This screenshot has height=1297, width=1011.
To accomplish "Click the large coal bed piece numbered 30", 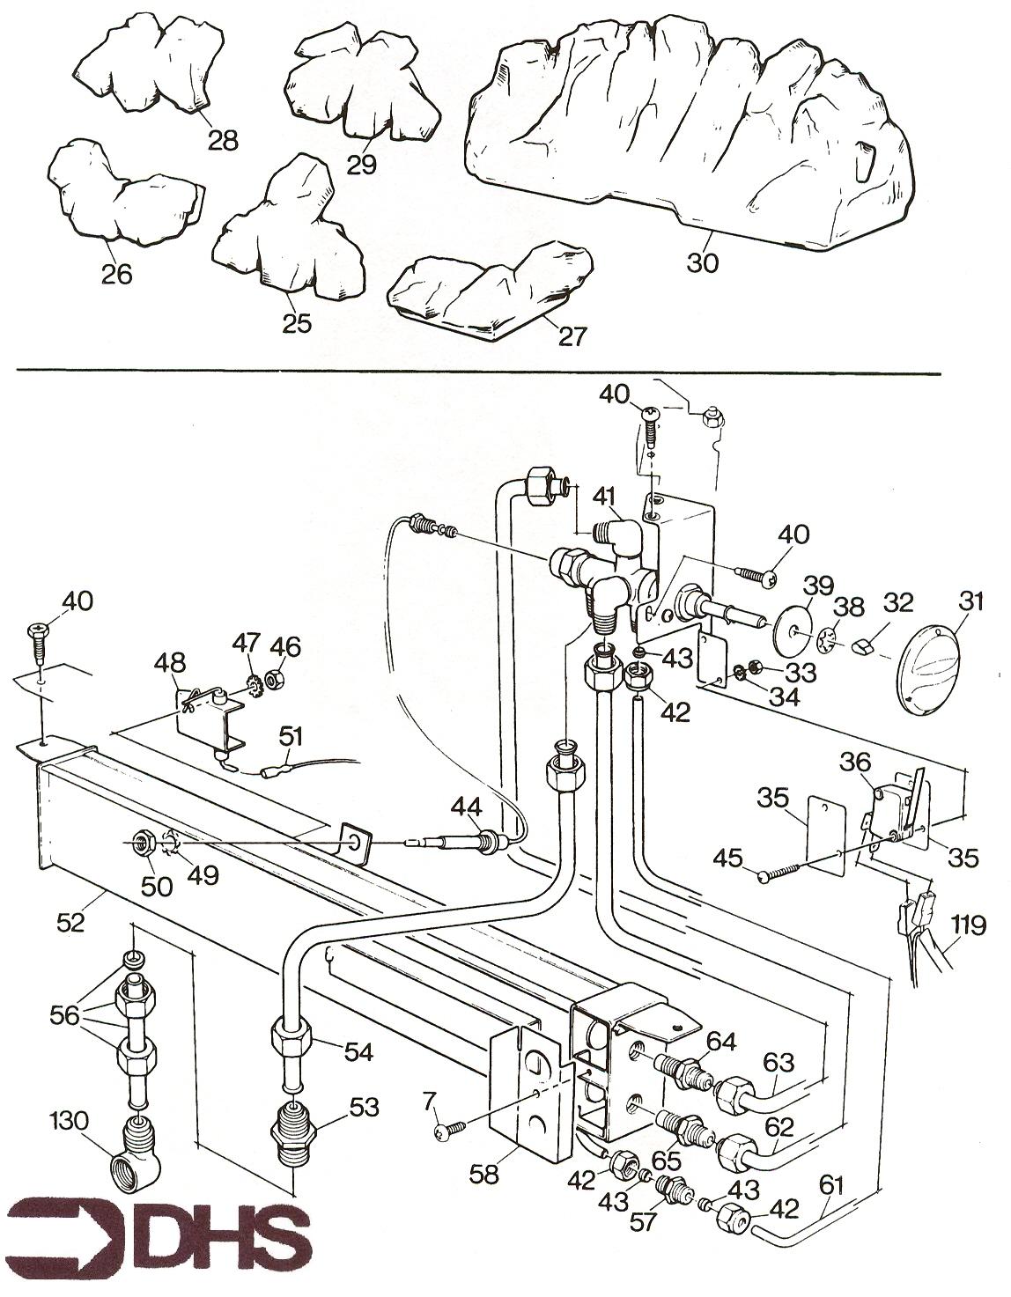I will coord(687,141).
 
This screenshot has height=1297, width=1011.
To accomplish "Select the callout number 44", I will coord(467,805).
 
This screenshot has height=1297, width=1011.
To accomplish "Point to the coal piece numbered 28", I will coord(150,66).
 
